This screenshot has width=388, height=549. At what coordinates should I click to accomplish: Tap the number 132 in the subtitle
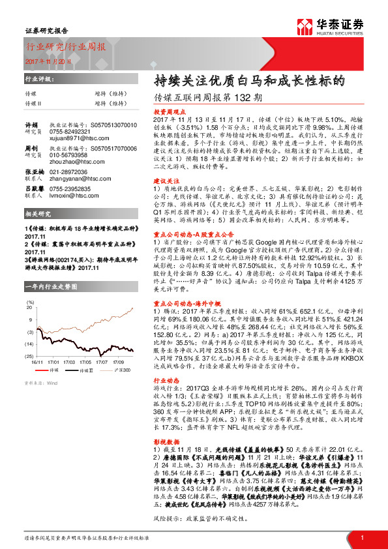(x=241, y=98)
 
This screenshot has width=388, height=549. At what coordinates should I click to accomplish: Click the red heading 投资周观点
(x=168, y=112)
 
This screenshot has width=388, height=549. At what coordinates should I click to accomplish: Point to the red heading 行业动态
(x=166, y=378)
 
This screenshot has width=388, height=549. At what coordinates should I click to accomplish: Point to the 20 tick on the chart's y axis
(x=30, y=309)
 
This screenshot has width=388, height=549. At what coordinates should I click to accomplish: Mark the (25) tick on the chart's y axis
(x=29, y=355)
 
